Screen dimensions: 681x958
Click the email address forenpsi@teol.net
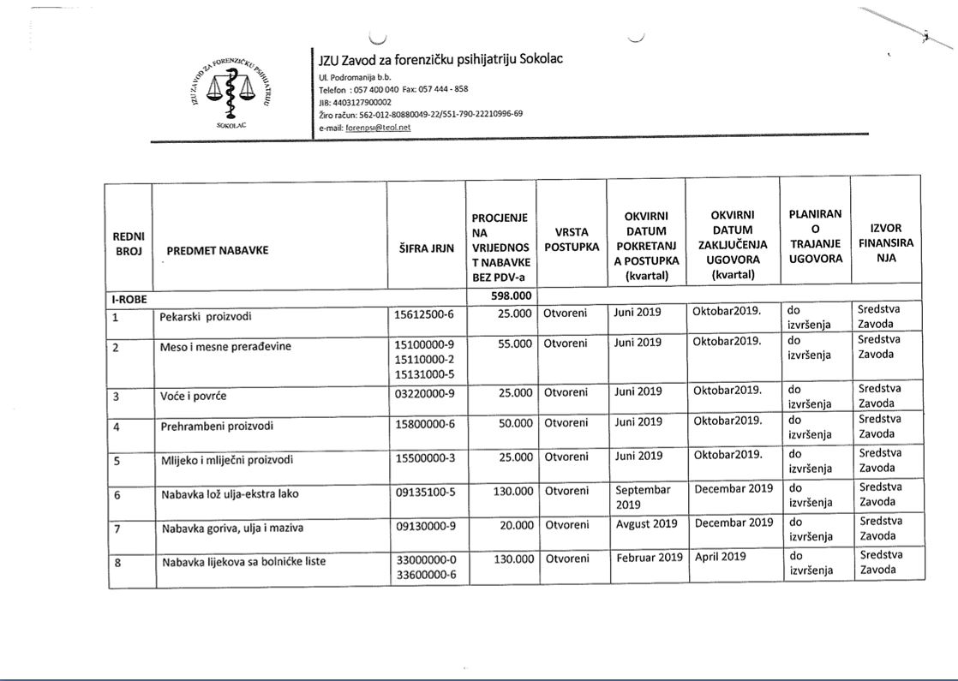[x=378, y=127]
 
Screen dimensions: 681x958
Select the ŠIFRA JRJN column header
[x=426, y=250]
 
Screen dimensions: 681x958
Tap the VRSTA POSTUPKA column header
[x=571, y=238]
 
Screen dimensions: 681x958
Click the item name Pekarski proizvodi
[x=202, y=315]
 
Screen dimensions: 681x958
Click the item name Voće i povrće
[x=194, y=397]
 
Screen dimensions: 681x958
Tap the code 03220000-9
[x=424, y=396]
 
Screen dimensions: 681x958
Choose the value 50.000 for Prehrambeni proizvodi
[x=514, y=422]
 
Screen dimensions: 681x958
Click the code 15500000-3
[x=424, y=458]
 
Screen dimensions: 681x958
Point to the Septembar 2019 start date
[x=644, y=497]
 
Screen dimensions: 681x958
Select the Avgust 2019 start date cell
[x=646, y=523]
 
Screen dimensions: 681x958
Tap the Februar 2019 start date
[x=649, y=558]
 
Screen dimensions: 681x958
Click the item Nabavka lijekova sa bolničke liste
[x=243, y=562]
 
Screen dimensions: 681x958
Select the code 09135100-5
[x=425, y=493]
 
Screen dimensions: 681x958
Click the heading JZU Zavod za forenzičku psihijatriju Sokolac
[x=440, y=58]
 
